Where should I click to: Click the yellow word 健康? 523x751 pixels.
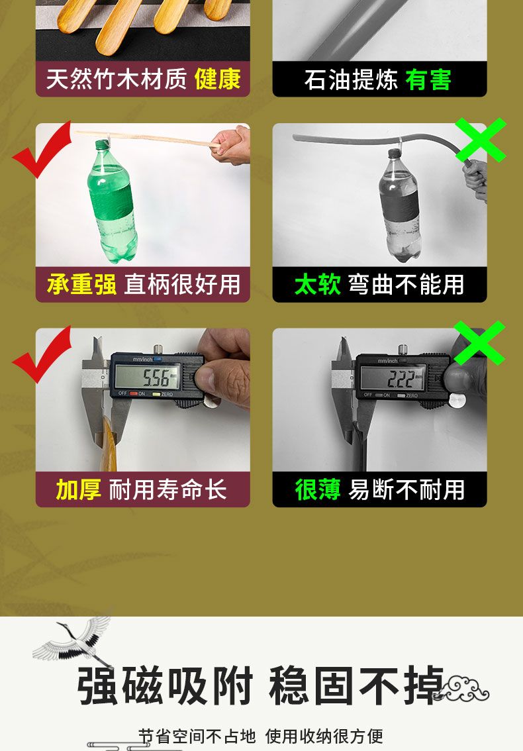tap(217, 79)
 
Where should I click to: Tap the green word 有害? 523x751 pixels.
tap(428, 79)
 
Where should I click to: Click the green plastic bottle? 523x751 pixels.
tap(113, 201)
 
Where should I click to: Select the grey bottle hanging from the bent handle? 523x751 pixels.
tap(400, 205)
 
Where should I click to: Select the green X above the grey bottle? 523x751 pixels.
tap(481, 139)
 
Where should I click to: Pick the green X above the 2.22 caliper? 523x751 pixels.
tap(479, 343)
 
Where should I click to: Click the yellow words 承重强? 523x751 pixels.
tap(81, 285)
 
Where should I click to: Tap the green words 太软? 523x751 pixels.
tap(318, 285)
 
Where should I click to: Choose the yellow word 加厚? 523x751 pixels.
tap(79, 489)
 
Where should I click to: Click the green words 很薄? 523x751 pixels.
tap(318, 489)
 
